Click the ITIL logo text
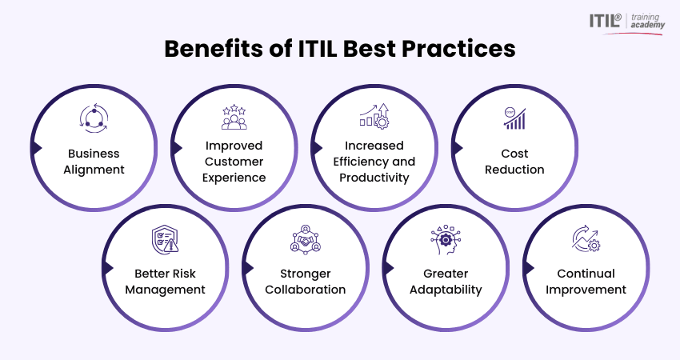[x=605, y=20]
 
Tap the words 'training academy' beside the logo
[x=647, y=21]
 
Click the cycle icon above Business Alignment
[x=94, y=117]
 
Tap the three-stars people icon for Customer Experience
[x=234, y=117]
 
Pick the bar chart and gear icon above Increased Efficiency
[x=374, y=116]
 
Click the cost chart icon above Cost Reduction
[x=514, y=118]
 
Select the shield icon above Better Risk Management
[x=165, y=239]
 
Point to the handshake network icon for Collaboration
[x=306, y=239]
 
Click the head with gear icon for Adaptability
[x=446, y=239]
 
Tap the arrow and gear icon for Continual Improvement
[x=586, y=238]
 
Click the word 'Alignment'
[x=94, y=170]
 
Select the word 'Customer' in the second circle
[x=234, y=162]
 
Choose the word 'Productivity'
[x=374, y=178]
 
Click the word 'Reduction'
[x=514, y=170]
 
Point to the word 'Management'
[x=166, y=290]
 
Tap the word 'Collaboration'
[x=306, y=290]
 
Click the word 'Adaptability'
[x=446, y=290]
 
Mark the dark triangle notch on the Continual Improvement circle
[x=529, y=268]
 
